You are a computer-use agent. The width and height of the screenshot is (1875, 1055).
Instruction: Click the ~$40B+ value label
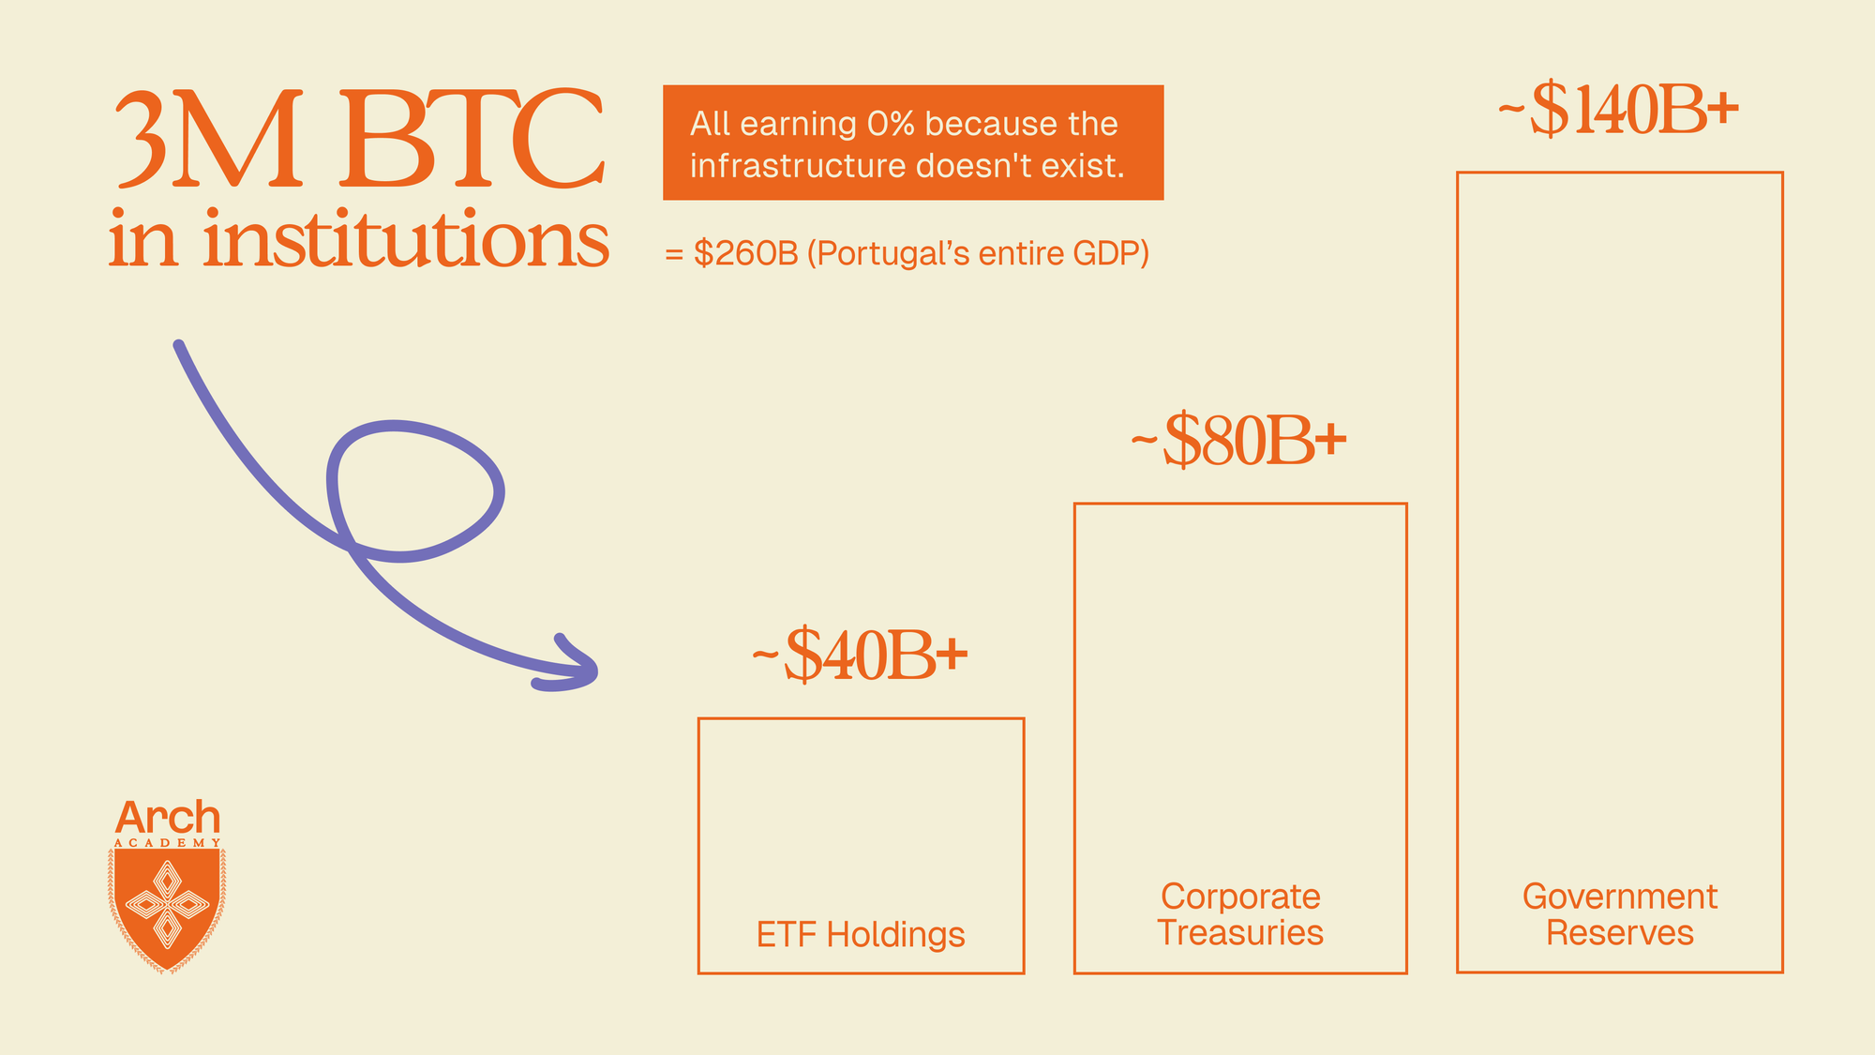[x=860, y=655]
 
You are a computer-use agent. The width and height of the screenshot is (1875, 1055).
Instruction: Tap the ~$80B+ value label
[x=1238, y=440]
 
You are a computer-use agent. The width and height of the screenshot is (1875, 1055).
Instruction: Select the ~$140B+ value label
[x=1618, y=111]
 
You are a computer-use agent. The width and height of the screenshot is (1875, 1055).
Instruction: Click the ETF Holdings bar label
[x=861, y=934]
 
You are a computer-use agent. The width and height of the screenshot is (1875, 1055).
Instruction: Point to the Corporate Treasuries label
[x=1240, y=914]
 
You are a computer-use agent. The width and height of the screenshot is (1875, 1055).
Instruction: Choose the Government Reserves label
[x=1620, y=914]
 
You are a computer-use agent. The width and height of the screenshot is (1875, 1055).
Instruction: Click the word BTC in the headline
[x=472, y=138]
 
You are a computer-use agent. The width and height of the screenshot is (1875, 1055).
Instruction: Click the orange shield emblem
[x=167, y=908]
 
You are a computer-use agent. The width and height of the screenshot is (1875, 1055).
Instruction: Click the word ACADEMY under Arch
[x=168, y=843]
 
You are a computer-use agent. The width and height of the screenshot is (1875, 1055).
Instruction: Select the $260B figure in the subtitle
[x=745, y=253]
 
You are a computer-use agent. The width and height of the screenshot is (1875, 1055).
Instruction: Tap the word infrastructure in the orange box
[x=799, y=166]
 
